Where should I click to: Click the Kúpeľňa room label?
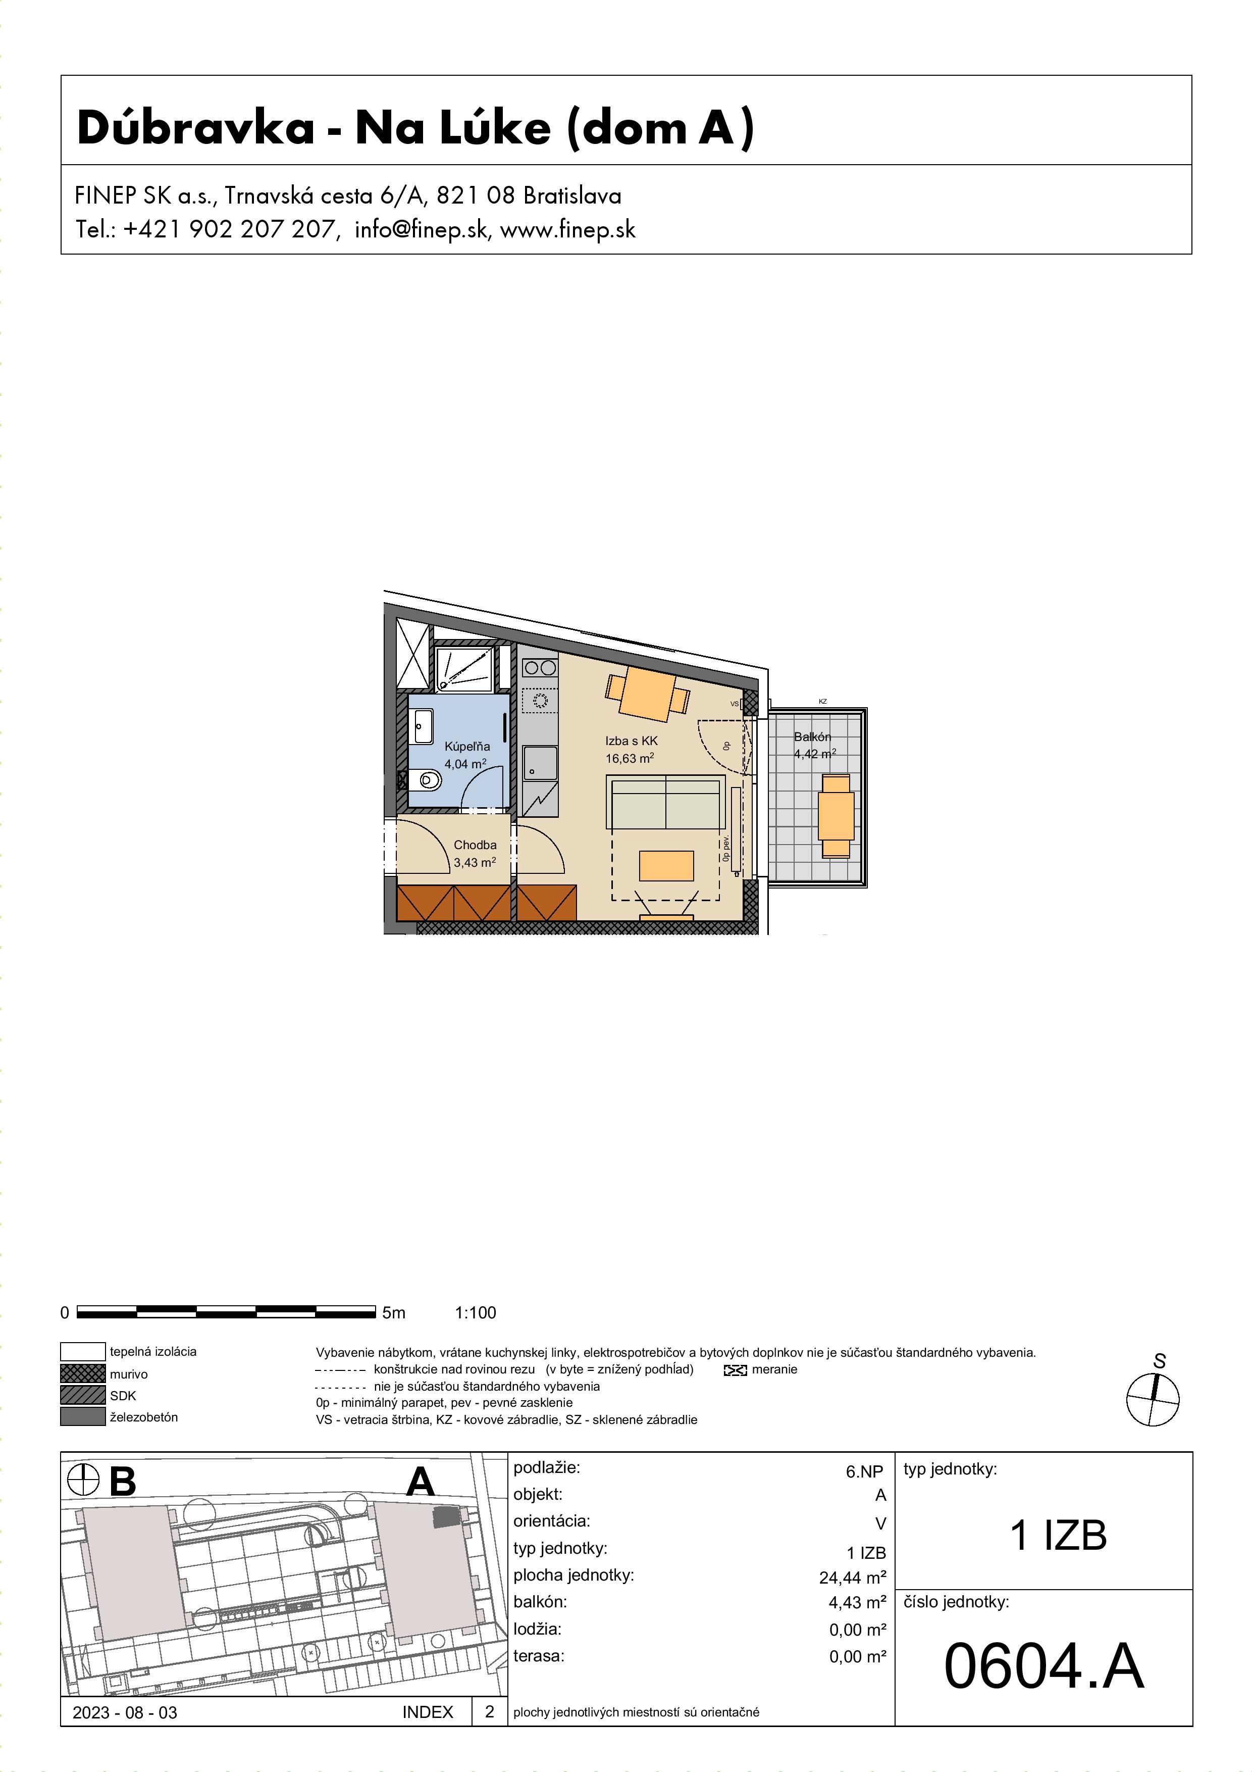pyautogui.click(x=466, y=746)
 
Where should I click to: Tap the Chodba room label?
pyautogui.click(x=475, y=845)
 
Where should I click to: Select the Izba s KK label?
pyautogui.click(x=631, y=741)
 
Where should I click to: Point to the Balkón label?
pyautogui.click(x=812, y=737)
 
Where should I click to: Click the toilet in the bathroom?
pyautogui.click(x=424, y=780)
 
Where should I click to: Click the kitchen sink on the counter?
pyautogui.click(x=540, y=763)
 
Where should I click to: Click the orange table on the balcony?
pyautogui.click(x=836, y=816)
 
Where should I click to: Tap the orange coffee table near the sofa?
pyautogui.click(x=666, y=865)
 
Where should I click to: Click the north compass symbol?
pyautogui.click(x=1153, y=1399)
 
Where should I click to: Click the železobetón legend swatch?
pyautogui.click(x=82, y=1417)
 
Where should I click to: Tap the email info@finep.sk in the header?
pyautogui.click(x=421, y=230)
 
